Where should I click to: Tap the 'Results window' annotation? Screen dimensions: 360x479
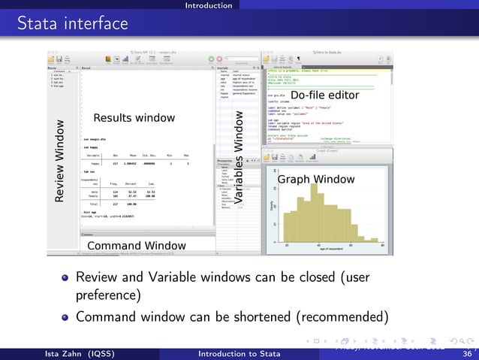coord(134,118)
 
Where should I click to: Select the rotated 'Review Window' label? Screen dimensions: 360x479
coord(59,159)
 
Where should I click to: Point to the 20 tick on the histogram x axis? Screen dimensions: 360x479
coord(287,245)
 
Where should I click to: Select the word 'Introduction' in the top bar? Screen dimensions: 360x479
coord(209,5)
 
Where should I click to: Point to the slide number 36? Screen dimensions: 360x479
coord(467,354)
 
